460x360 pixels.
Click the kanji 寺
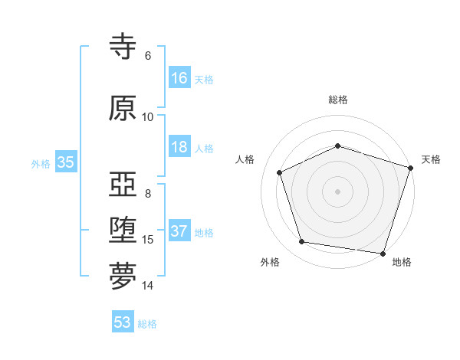tap(123, 47)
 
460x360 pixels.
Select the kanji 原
tap(123, 108)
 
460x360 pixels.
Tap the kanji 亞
tap(123, 185)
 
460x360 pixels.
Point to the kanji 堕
tap(123, 231)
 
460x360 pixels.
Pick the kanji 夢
tap(123, 277)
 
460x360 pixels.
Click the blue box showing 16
tap(179, 77)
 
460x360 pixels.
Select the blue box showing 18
tap(179, 147)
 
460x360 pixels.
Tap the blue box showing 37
tap(179, 231)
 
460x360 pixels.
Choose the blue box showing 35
tap(65, 162)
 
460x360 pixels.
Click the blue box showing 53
tap(123, 322)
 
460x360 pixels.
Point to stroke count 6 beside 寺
tap(148, 55)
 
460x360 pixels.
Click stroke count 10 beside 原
tap(147, 116)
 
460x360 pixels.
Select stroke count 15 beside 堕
tap(148, 239)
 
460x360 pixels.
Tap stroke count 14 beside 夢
tap(148, 286)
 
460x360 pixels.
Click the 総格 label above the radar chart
tap(338, 100)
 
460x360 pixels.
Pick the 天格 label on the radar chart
tap(431, 159)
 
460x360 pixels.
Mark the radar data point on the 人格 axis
tap(279, 172)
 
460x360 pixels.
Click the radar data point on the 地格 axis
tap(383, 253)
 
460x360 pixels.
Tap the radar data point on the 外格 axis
tap(302, 242)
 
